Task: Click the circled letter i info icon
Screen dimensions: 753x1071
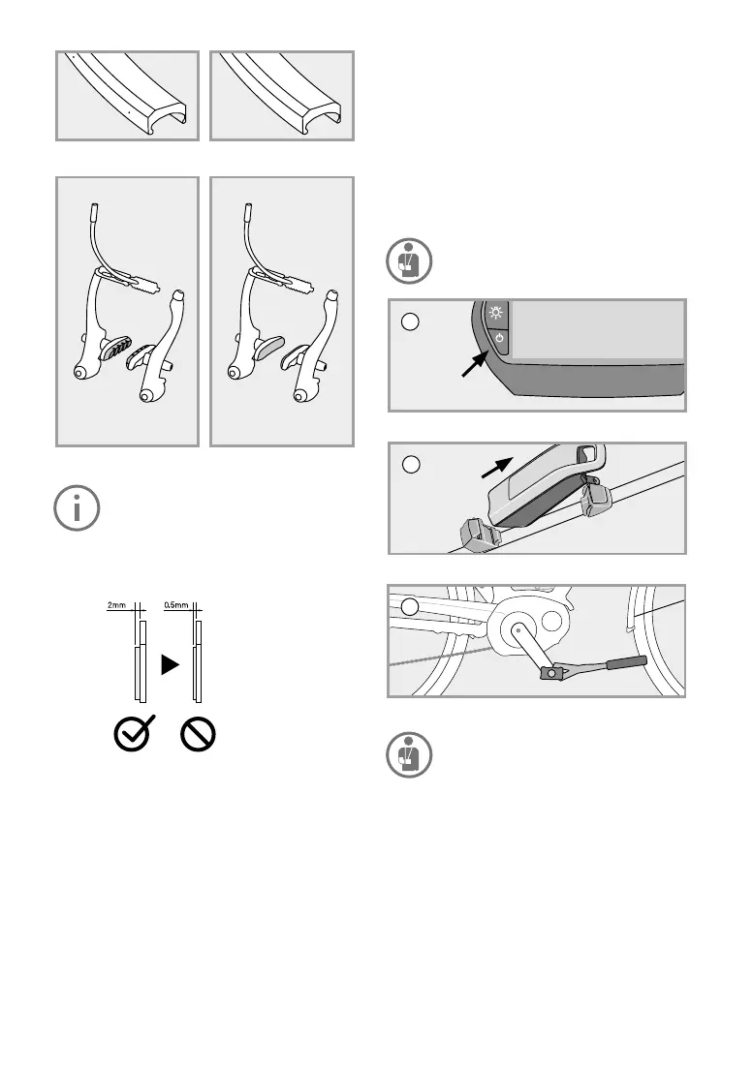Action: click(77, 508)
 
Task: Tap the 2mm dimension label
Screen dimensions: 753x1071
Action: click(116, 605)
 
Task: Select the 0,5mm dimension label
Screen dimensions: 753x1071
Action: click(175, 605)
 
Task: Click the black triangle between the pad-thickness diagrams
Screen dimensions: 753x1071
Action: click(170, 664)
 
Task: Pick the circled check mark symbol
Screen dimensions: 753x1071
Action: click(133, 734)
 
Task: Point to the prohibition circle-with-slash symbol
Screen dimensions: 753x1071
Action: click(198, 735)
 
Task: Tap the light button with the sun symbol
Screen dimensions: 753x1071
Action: click(496, 313)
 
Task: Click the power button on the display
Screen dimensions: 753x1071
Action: click(499, 339)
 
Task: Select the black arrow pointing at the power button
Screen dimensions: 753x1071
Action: click(475, 363)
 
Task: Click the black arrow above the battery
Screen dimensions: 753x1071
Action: click(497, 467)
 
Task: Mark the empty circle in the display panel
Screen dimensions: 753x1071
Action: click(410, 321)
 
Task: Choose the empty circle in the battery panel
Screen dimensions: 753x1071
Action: click(411, 465)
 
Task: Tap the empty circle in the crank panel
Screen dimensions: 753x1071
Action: click(409, 606)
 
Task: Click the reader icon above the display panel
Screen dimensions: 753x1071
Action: click(409, 260)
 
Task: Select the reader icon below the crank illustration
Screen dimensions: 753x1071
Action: click(409, 754)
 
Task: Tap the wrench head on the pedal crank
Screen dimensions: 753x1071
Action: click(552, 672)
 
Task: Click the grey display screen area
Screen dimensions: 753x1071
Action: click(598, 330)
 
